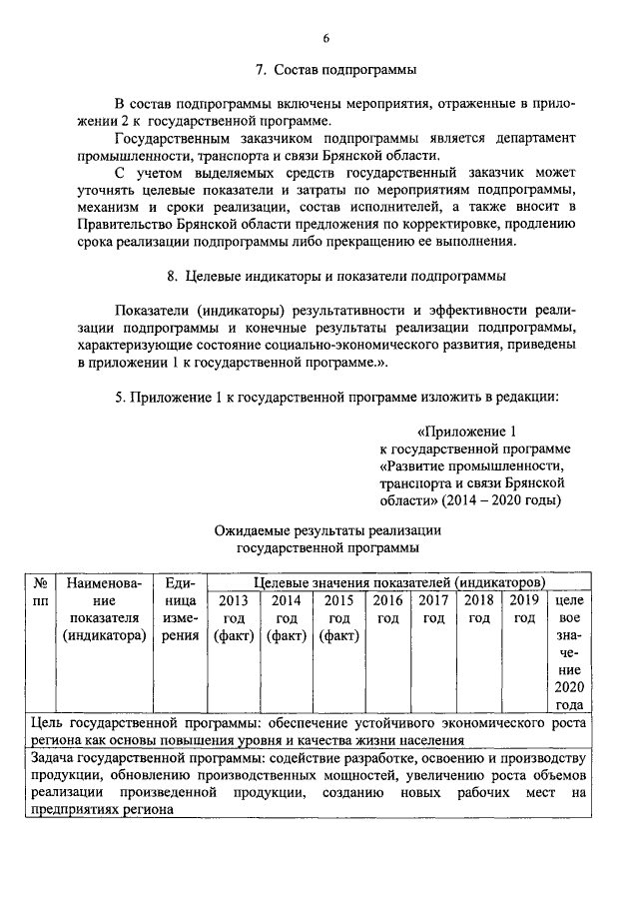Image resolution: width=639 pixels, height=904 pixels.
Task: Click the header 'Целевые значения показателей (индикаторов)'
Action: point(399,581)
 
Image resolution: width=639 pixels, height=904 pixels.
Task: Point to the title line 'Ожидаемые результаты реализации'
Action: point(328,529)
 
